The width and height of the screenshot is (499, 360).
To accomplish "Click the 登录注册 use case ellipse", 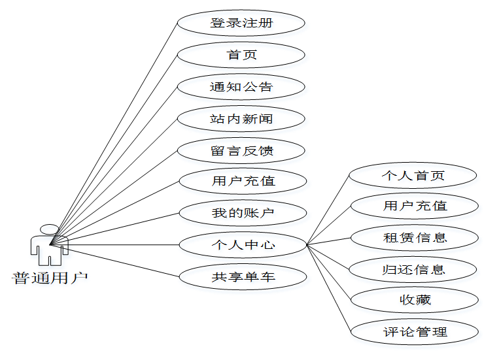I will tap(241, 23).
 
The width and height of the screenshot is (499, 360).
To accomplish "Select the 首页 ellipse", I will tap(241, 55).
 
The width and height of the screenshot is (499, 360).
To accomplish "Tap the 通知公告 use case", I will tap(241, 87).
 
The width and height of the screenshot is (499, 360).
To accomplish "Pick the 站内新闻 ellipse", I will tap(241, 119).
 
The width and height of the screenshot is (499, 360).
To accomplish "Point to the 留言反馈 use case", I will tap(241, 151).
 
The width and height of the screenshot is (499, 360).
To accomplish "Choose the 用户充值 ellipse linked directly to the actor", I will tap(243, 181).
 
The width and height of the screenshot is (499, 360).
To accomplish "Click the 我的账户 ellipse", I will tap(243, 213).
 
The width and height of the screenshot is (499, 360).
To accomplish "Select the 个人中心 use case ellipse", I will tap(243, 245).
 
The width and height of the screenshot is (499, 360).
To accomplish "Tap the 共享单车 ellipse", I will tap(243, 277).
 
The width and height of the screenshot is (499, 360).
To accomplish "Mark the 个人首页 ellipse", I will tap(413, 176).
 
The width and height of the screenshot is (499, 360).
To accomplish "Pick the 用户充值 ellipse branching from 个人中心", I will tap(415, 206).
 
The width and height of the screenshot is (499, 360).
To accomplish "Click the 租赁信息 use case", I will tap(415, 237).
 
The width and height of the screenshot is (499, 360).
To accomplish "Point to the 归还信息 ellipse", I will tap(415, 269).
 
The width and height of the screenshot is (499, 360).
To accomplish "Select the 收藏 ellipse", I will tap(415, 300).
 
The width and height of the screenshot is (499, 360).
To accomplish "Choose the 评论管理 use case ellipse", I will tap(415, 332).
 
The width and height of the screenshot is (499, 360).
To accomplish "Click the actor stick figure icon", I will tap(50, 246).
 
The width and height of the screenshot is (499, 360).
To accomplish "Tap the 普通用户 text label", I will tap(50, 278).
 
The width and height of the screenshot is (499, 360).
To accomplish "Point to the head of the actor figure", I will tap(50, 229).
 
